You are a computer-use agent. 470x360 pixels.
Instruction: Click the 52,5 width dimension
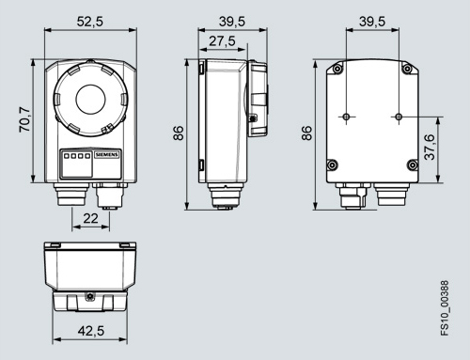(x=90, y=22)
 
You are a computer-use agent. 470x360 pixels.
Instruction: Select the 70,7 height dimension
(x=24, y=119)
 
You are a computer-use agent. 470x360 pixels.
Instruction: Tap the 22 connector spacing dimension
(x=90, y=218)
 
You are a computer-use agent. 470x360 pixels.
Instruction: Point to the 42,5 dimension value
(x=91, y=331)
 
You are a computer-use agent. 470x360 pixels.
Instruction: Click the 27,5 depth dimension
(x=222, y=41)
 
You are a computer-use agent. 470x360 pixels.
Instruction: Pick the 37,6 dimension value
(x=430, y=148)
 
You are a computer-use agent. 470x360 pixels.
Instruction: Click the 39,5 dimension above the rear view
(x=372, y=22)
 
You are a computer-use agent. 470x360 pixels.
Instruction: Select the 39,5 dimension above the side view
(x=232, y=22)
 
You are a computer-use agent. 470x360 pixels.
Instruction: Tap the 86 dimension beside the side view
(x=179, y=133)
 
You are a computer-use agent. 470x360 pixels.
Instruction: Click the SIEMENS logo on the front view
(x=107, y=155)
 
